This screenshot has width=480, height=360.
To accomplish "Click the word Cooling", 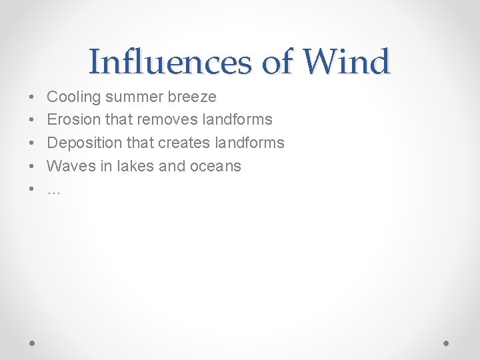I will click(x=74, y=97).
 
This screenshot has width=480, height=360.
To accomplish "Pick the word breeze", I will click(x=192, y=97).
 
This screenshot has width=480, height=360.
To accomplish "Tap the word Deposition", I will click(x=83, y=143).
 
